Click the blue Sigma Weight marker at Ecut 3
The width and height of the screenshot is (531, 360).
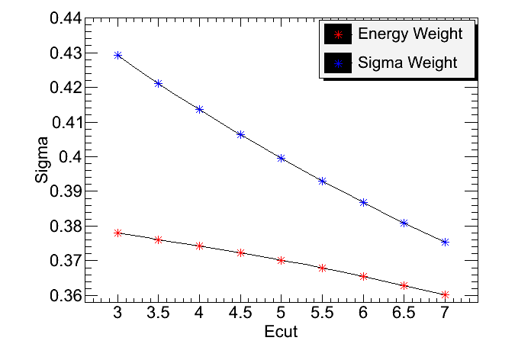point(117,55)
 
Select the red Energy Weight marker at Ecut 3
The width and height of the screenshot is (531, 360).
point(117,233)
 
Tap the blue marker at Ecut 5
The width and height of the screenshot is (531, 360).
point(281,158)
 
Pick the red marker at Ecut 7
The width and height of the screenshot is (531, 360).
point(445,294)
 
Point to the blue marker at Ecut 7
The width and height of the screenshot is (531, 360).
point(445,242)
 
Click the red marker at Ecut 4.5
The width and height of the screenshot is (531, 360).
point(240,252)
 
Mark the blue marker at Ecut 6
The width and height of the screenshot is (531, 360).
point(363,202)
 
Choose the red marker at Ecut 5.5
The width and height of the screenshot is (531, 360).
point(322,268)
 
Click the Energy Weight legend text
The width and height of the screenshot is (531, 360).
point(410,34)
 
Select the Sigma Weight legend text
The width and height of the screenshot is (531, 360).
point(407,62)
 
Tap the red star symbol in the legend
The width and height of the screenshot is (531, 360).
point(337,34)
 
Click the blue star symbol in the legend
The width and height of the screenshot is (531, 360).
point(337,62)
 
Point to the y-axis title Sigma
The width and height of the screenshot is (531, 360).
point(42,159)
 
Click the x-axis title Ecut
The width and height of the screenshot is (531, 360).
point(280,333)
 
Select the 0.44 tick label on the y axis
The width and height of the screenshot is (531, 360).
point(67,18)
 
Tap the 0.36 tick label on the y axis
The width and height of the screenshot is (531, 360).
point(67,295)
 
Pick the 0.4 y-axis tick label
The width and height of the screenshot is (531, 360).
point(73,156)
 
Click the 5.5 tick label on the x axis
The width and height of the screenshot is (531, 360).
point(322,313)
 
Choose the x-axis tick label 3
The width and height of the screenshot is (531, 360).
point(117,313)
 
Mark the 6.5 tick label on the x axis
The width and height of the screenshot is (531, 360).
point(404,313)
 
